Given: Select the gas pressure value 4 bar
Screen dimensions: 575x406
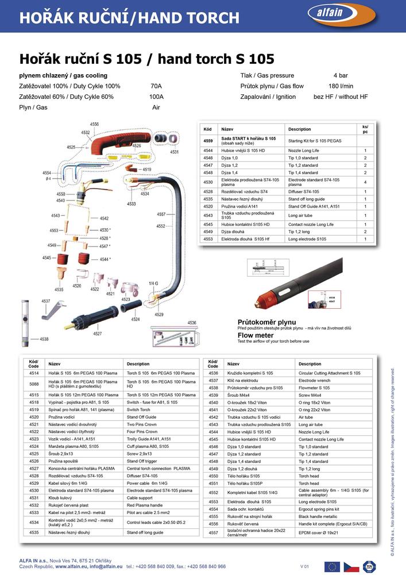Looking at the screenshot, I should coord(340,75).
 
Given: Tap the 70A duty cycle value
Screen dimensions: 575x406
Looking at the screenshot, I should coord(156,86).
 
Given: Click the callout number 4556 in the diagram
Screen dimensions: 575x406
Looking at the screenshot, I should coord(94,124).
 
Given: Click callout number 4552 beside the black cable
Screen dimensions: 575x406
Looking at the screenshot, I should coord(161,227).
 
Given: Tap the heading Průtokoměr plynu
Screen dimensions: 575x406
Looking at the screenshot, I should coord(267,322).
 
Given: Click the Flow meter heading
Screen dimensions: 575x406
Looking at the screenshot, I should coord(256,335).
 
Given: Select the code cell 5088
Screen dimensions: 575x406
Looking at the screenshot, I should coord(34,384).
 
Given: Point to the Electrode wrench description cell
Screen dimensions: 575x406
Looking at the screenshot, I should coord(315,381).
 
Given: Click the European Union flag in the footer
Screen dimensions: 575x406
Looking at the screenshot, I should coord(332,566).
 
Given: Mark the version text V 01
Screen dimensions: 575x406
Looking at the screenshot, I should coord(305,567).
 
